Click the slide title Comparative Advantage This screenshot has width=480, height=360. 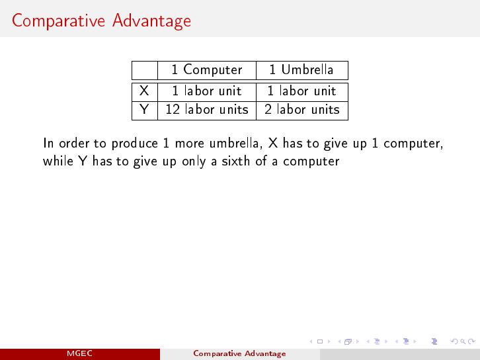pyautogui.click(x=101, y=21)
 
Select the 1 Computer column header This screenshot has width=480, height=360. pyautogui.click(x=207, y=70)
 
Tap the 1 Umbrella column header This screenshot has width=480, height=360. pyautogui.click(x=301, y=69)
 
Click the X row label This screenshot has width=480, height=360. pyautogui.click(x=144, y=91)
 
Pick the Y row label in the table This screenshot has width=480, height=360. pyautogui.click(x=144, y=110)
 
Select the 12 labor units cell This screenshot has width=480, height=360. pyautogui.click(x=207, y=110)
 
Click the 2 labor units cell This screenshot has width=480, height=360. pyautogui.click(x=302, y=110)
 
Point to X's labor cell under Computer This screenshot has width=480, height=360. pyautogui.click(x=207, y=91)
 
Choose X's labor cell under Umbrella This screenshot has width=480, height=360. pyautogui.click(x=302, y=91)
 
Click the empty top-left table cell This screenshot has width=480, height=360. pyautogui.click(x=145, y=70)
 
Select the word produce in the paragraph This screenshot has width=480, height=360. pyautogui.click(x=135, y=144)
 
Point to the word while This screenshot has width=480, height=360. pyautogui.click(x=58, y=161)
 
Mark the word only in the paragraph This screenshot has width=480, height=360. pyautogui.click(x=194, y=161)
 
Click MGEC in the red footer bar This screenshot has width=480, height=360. pyautogui.click(x=79, y=353)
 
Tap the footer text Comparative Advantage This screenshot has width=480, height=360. pyautogui.click(x=240, y=353)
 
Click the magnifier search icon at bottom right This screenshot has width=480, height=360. pyautogui.click(x=463, y=341)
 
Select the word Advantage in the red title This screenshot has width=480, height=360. pyautogui.click(x=151, y=21)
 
